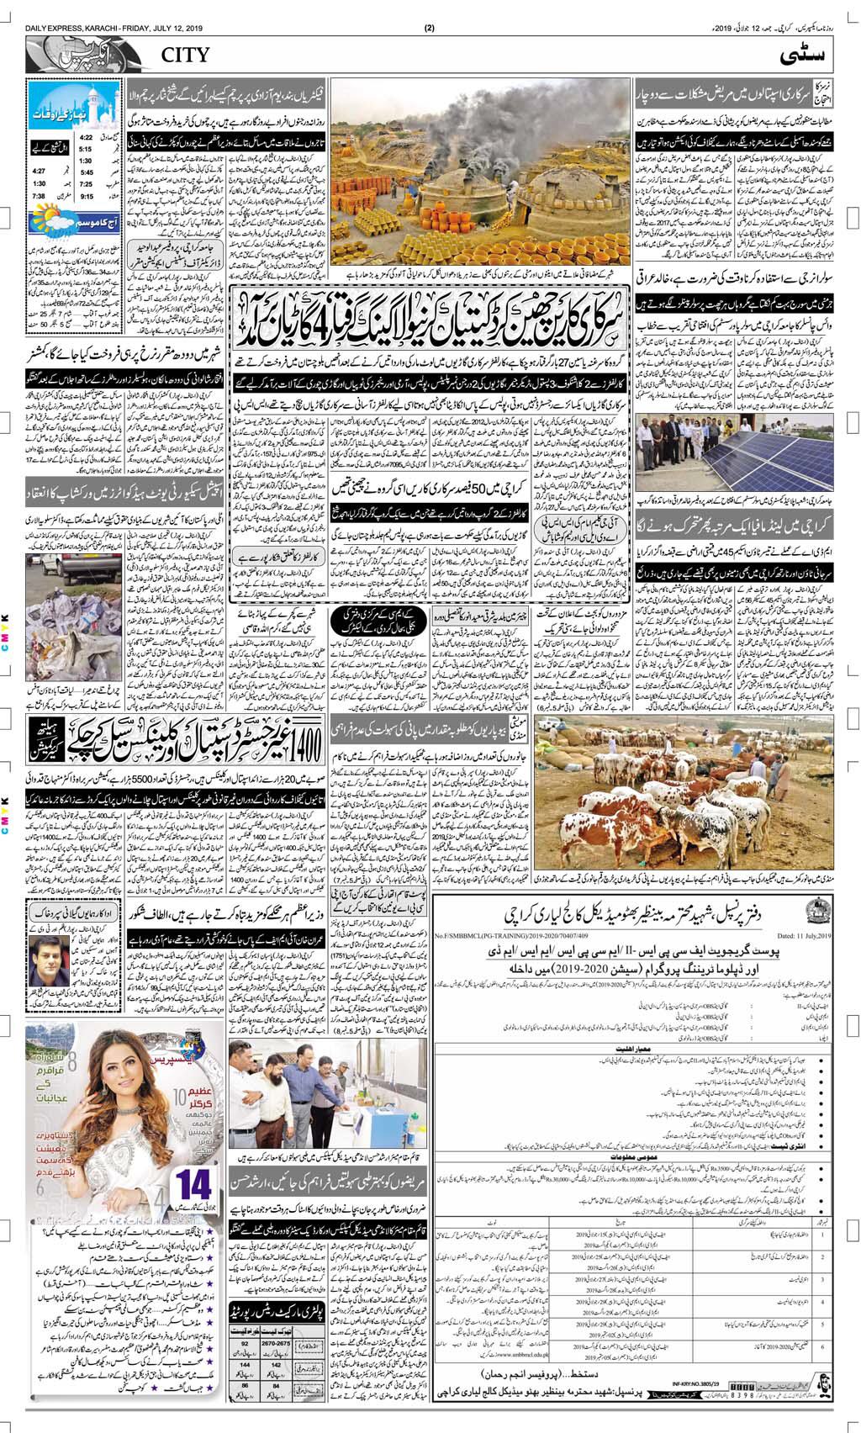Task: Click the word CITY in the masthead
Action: click(180, 56)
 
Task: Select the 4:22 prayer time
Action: click(86, 136)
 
